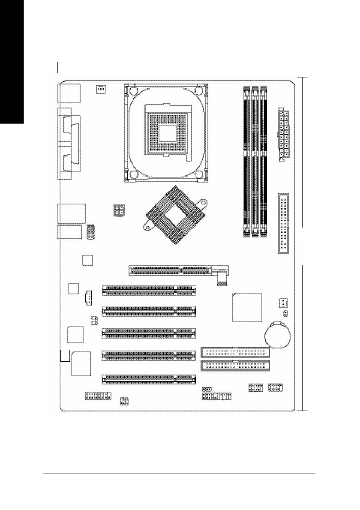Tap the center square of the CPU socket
(166, 133)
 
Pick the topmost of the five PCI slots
(149, 291)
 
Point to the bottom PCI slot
(149, 378)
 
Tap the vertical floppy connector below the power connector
(283, 223)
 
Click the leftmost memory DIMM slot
(247, 161)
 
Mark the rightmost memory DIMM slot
(264, 161)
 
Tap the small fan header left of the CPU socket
(101, 90)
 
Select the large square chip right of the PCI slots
(246, 307)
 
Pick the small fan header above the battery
(283, 303)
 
